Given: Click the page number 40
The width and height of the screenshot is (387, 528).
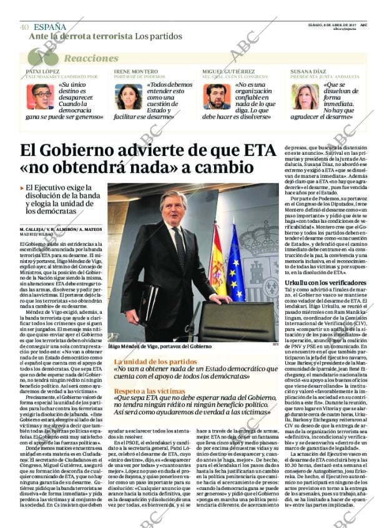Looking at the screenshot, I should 24,27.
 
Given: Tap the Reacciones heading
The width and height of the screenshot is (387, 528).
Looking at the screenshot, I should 91,58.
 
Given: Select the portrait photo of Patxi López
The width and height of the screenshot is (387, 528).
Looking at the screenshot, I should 40,97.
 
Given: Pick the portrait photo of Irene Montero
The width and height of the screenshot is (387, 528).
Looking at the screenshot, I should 129,97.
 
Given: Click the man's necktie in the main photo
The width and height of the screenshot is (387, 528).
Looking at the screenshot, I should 180,247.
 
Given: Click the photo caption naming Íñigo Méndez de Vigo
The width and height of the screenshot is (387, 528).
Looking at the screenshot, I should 159,346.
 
